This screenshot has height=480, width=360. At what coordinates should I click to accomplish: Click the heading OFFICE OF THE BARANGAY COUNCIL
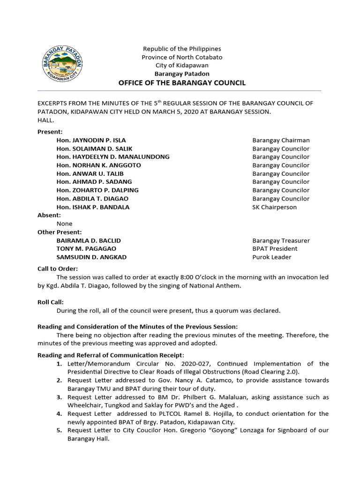click(182, 83)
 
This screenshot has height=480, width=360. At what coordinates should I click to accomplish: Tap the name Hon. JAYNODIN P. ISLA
click(91, 140)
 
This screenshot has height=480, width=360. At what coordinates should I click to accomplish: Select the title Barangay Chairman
click(281, 140)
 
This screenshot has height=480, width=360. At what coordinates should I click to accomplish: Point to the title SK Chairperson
click(274, 207)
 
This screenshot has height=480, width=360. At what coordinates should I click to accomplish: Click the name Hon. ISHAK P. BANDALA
click(93, 207)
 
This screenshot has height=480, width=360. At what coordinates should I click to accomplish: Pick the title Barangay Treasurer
click(281, 240)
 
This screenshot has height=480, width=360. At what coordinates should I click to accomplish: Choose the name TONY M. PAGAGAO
click(86, 249)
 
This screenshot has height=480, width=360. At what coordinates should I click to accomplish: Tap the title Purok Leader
click(271, 257)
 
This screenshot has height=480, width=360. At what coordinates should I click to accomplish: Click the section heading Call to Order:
click(58, 269)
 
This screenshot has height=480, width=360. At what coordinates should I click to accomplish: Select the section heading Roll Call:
click(50, 302)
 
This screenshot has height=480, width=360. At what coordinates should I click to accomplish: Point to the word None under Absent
click(64, 224)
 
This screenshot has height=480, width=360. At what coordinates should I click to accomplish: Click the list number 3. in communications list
click(60, 397)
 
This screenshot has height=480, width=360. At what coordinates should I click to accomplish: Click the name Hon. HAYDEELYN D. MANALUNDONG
click(113, 157)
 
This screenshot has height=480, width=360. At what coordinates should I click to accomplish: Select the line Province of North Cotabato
click(182, 57)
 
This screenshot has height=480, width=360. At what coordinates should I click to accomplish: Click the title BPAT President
click(275, 249)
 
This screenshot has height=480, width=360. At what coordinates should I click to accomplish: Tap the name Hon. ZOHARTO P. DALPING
click(97, 190)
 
